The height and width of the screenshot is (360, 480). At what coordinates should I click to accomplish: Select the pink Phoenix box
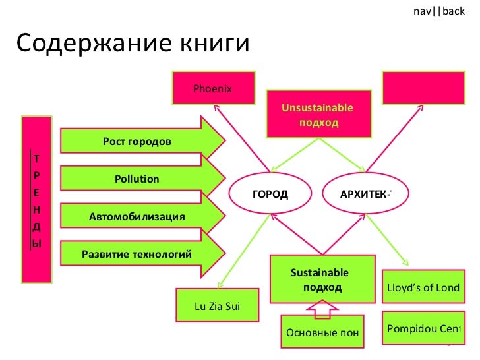pos(212,88)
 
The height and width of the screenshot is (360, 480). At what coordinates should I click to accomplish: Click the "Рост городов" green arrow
pos(142,142)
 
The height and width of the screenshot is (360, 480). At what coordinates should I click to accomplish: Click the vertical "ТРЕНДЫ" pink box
pos(37,198)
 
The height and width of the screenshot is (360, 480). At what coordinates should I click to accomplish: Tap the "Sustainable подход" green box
pos(321,280)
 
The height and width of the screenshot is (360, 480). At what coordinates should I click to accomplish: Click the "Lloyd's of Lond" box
pos(423,289)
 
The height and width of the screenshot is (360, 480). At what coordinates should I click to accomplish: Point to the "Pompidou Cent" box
pos(423,328)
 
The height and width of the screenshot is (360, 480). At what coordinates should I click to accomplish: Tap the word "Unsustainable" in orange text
pos(317,108)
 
